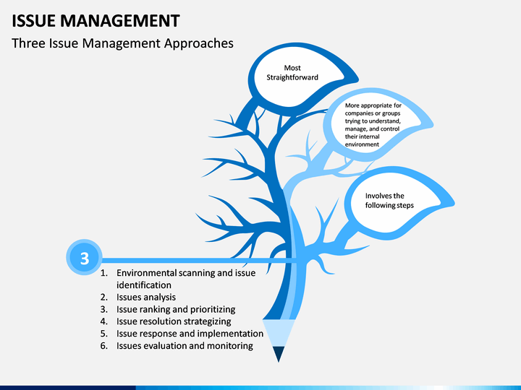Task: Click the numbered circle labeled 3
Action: tap(84, 257)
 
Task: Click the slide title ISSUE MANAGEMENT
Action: tap(96, 20)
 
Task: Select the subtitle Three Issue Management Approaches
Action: tap(122, 43)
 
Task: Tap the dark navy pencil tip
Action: tap(279, 354)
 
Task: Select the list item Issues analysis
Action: tap(146, 297)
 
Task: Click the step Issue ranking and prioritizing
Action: tap(176, 309)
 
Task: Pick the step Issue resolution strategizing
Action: tap(174, 321)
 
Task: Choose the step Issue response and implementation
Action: tap(190, 334)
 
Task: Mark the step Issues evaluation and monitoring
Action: tap(185, 345)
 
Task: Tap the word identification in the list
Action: tap(144, 285)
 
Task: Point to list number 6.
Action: tap(104, 345)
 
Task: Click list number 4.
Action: tap(104, 321)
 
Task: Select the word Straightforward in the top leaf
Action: tap(292, 77)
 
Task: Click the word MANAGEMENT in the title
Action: tap(120, 20)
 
